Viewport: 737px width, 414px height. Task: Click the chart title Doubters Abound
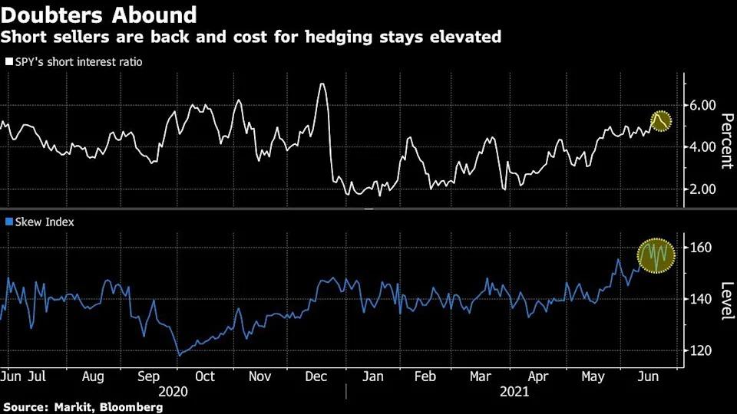tap(99, 14)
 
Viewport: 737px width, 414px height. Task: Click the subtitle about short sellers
tap(252, 37)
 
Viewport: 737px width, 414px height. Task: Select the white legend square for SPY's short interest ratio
tap(8, 61)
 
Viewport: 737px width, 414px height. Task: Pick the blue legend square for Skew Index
tap(8, 222)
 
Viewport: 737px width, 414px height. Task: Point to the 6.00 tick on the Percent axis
tap(703, 104)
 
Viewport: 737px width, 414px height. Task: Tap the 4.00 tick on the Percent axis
tap(703, 146)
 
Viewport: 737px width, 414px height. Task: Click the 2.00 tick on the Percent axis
tap(703, 189)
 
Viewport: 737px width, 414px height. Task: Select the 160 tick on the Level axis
tap(701, 248)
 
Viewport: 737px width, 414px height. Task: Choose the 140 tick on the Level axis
tap(701, 299)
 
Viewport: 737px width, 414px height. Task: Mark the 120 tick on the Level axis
tap(701, 350)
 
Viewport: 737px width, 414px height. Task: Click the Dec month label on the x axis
tap(316, 377)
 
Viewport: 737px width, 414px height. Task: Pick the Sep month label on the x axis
tap(150, 377)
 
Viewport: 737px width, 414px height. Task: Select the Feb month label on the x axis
tap(425, 377)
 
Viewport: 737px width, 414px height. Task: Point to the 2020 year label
tap(177, 392)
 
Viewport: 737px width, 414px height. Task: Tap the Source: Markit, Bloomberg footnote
tap(83, 407)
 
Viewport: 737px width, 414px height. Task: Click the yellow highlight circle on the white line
tap(661, 120)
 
